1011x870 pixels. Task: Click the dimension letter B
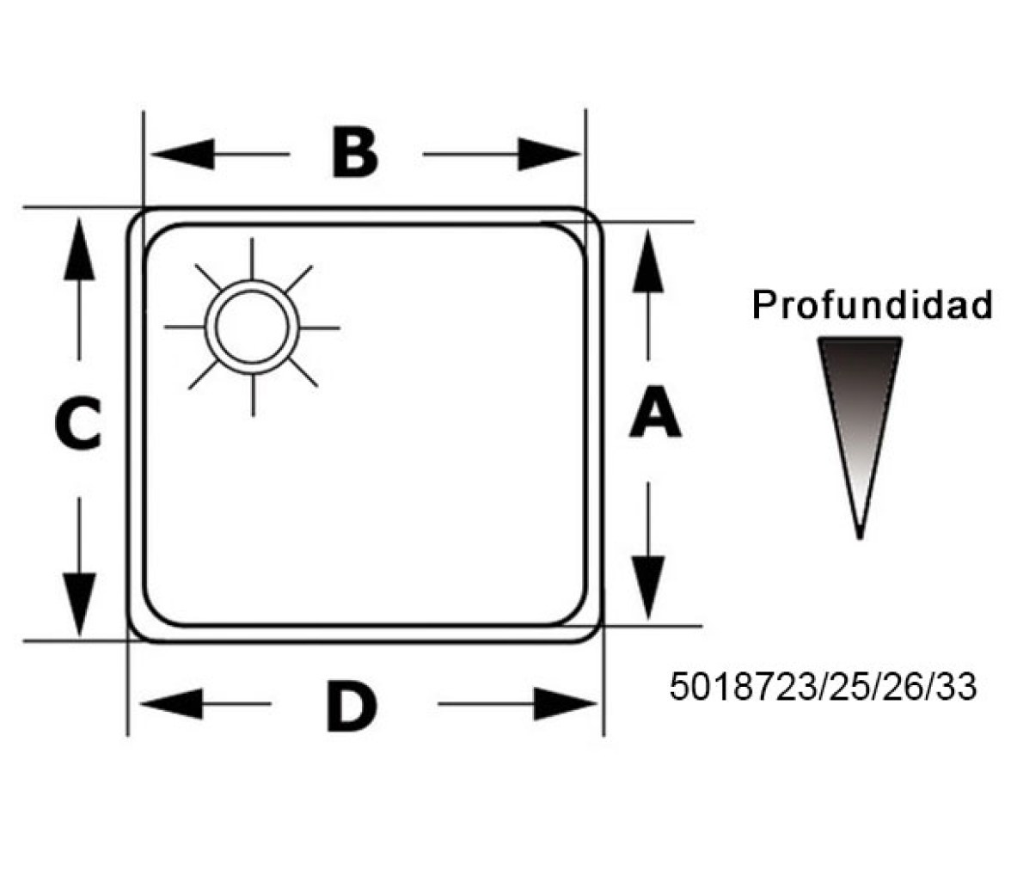click(x=354, y=153)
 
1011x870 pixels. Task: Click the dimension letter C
click(x=78, y=423)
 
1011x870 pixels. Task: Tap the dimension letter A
click(x=655, y=412)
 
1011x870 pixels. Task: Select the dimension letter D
click(x=352, y=707)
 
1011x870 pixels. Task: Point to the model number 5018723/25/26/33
click(x=823, y=686)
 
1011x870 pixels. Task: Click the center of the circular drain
click(x=252, y=327)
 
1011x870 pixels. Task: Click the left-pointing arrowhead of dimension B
click(x=182, y=154)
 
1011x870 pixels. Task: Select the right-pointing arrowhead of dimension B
click(x=548, y=154)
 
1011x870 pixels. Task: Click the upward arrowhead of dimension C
click(x=79, y=249)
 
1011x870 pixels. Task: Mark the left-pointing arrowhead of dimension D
click(x=171, y=703)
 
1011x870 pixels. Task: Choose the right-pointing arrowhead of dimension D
click(x=566, y=703)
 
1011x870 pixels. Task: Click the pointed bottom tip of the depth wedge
click(x=860, y=536)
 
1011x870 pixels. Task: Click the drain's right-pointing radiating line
click(x=320, y=328)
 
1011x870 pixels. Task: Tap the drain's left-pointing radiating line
click(x=184, y=327)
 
